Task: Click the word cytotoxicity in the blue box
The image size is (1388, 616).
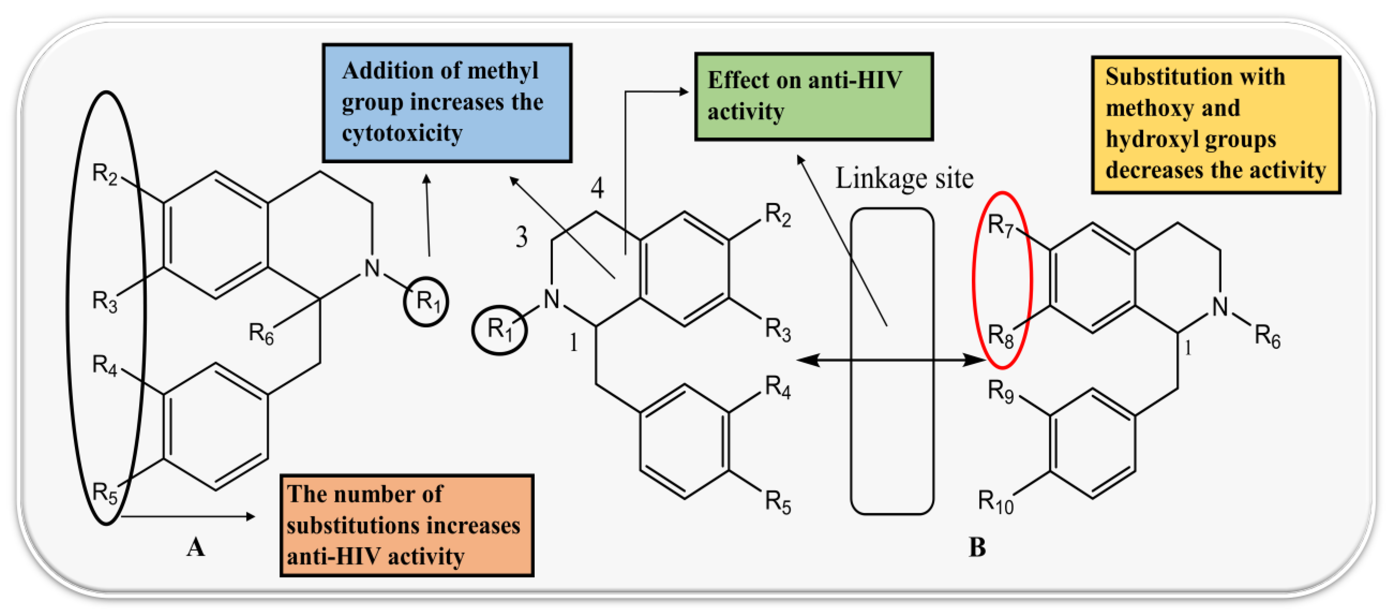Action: click(x=402, y=132)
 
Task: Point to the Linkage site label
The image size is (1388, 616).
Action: click(x=904, y=179)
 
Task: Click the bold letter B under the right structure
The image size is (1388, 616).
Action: click(x=977, y=547)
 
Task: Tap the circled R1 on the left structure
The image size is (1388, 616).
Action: click(x=426, y=301)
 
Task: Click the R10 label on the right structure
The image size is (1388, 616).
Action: click(x=995, y=502)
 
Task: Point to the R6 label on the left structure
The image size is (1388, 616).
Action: click(x=261, y=334)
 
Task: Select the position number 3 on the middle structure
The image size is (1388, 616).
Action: click(x=521, y=237)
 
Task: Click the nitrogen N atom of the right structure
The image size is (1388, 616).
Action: click(x=1220, y=307)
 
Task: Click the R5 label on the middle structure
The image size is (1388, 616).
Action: click(x=778, y=502)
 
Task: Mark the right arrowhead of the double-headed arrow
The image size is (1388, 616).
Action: click(x=976, y=360)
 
